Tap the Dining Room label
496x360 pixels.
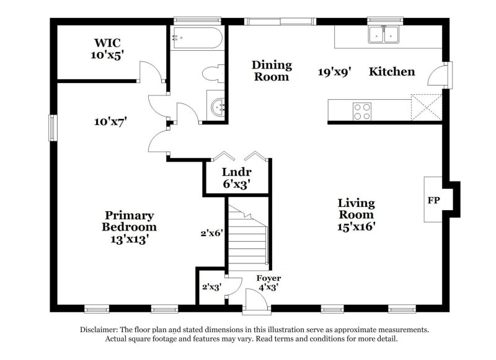(271, 71)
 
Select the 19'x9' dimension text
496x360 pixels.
(335, 72)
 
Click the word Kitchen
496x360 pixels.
(392, 72)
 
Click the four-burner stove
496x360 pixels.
(362, 111)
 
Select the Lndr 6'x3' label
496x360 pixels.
(236, 178)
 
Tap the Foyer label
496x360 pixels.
(269, 279)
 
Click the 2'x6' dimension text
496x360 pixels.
(211, 234)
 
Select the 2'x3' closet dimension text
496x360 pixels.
(211, 287)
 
